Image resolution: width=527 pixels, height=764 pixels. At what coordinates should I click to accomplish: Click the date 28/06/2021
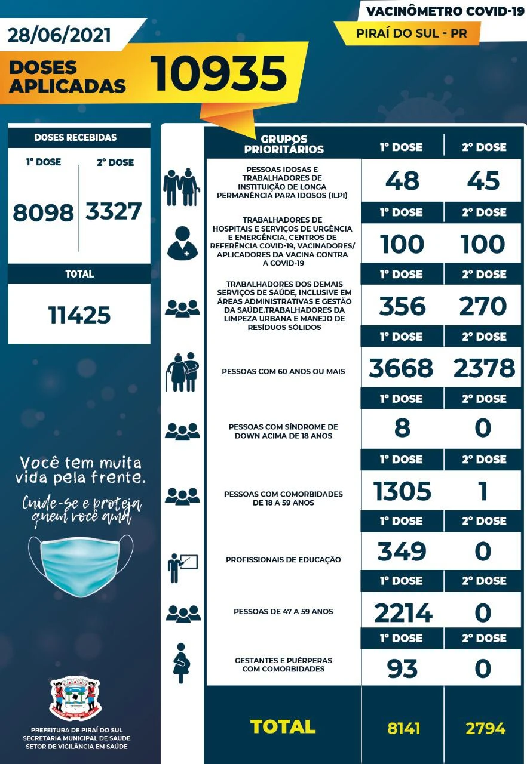[60, 35]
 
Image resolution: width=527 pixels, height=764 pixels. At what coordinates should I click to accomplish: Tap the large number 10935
[219, 74]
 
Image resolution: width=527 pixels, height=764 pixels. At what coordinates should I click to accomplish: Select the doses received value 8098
[43, 212]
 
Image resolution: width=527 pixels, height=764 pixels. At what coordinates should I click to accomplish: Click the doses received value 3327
[114, 211]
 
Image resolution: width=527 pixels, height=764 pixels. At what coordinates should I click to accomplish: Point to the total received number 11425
[79, 314]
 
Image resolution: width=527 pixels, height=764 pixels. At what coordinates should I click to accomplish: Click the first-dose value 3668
[401, 368]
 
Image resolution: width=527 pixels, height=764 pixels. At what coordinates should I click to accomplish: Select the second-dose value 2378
[483, 368]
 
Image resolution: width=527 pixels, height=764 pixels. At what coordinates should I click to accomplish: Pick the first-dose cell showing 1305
[402, 491]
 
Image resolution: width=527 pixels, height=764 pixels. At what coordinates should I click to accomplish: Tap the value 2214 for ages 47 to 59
[403, 612]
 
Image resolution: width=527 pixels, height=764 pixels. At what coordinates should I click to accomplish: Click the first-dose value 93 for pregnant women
[402, 668]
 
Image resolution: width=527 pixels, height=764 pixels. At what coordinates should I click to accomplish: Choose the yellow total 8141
[404, 728]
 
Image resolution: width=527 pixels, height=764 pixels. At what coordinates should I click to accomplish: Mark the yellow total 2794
[485, 728]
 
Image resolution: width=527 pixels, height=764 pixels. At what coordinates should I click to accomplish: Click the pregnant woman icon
[180, 663]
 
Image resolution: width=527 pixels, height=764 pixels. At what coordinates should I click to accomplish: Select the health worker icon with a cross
[182, 243]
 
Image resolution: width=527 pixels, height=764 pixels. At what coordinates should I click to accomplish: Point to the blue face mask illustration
[81, 565]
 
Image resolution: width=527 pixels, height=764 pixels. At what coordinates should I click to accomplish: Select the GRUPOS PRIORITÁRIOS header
[284, 144]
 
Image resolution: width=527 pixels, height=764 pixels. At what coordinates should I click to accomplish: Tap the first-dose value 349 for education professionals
[402, 552]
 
